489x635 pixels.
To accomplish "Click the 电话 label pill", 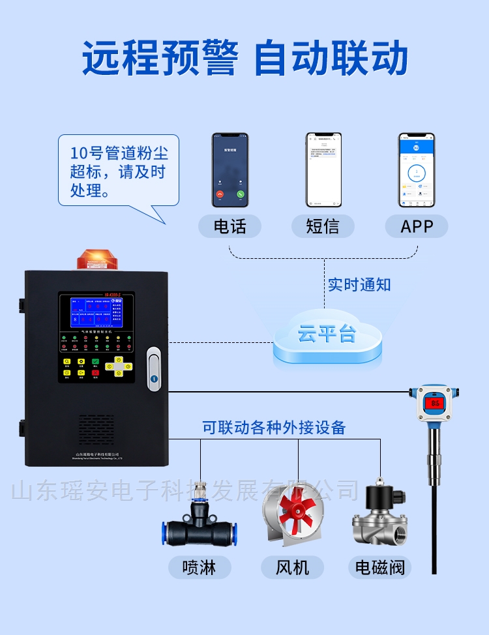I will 230,226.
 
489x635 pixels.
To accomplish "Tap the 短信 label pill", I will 323,226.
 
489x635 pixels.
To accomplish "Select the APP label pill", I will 417,226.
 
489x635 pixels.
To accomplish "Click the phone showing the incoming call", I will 230,170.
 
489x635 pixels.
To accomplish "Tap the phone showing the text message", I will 324,170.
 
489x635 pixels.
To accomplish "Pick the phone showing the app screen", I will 417,170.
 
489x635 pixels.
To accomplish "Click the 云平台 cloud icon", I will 327,335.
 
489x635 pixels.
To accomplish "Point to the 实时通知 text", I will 359,284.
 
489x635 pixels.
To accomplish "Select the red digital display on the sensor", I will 435,403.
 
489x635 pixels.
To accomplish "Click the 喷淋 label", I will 200,567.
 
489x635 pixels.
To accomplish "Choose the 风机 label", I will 293,567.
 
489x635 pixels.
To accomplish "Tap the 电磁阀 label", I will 380,567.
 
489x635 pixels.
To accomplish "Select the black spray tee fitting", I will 200,525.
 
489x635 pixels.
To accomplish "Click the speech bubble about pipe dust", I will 118,171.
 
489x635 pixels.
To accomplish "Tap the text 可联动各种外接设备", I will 274,428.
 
